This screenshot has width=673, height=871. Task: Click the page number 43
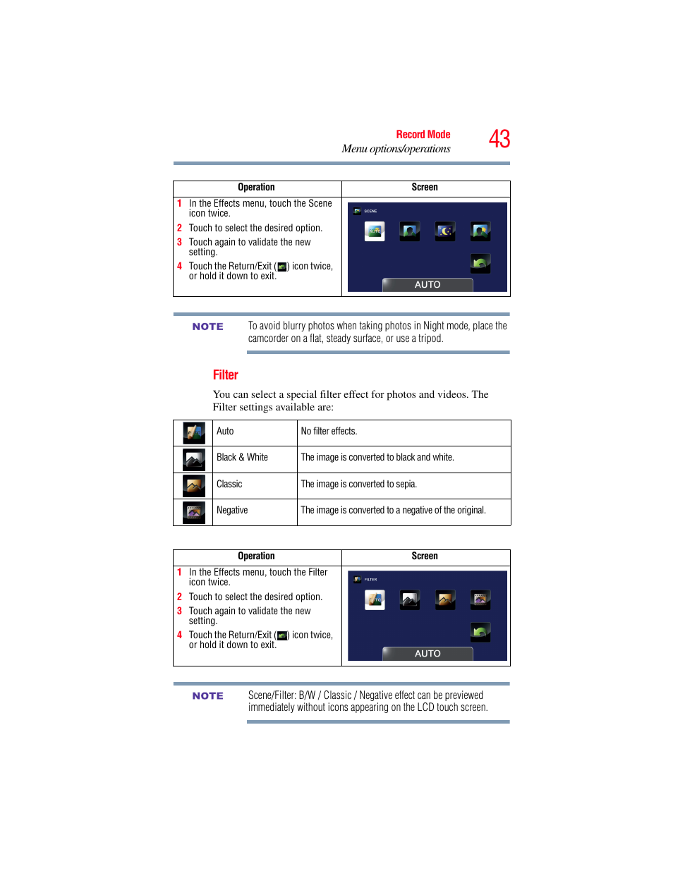pyautogui.click(x=499, y=139)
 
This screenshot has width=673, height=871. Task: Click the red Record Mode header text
pyautogui.click(x=423, y=134)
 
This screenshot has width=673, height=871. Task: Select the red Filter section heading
pyautogui.click(x=225, y=374)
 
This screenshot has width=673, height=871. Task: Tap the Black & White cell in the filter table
pyautogui.click(x=242, y=457)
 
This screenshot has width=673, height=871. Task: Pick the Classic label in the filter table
pyautogui.click(x=229, y=484)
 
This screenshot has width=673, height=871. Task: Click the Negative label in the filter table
pyautogui.click(x=232, y=510)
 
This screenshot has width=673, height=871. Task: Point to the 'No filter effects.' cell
pyautogui.click(x=329, y=431)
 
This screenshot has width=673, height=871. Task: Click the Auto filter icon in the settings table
pyautogui.click(x=193, y=432)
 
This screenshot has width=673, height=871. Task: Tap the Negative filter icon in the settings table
pyautogui.click(x=193, y=512)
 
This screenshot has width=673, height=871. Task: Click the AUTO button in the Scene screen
pyautogui.click(x=428, y=285)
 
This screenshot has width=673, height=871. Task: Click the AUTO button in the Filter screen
pyautogui.click(x=428, y=654)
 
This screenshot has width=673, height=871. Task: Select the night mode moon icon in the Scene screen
pyautogui.click(x=445, y=231)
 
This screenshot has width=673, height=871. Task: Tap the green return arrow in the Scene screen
pyautogui.click(x=480, y=263)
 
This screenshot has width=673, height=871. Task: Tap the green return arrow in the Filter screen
pyautogui.click(x=480, y=632)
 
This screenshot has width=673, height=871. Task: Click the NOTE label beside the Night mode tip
pyautogui.click(x=207, y=327)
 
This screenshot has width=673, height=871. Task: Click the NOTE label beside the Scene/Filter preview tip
pyautogui.click(x=207, y=696)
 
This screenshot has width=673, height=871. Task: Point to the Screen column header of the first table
pyautogui.click(x=425, y=187)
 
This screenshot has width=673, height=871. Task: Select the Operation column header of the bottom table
pyautogui.click(x=256, y=556)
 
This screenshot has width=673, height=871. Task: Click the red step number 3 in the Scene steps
pyautogui.click(x=179, y=242)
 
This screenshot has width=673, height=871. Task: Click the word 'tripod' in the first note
pyautogui.click(x=430, y=339)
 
